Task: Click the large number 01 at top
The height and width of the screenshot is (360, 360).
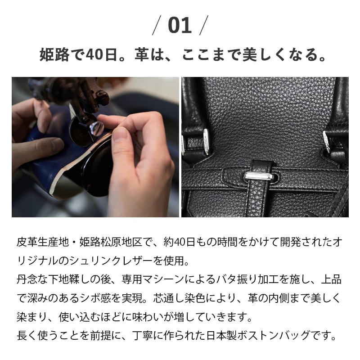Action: pyautogui.click(x=180, y=26)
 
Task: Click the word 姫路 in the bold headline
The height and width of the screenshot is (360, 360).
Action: pyautogui.click(x=51, y=55)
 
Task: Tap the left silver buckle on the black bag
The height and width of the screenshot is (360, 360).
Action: pyautogui.click(x=206, y=141)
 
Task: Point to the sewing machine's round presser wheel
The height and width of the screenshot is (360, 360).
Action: pyautogui.click(x=90, y=130)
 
